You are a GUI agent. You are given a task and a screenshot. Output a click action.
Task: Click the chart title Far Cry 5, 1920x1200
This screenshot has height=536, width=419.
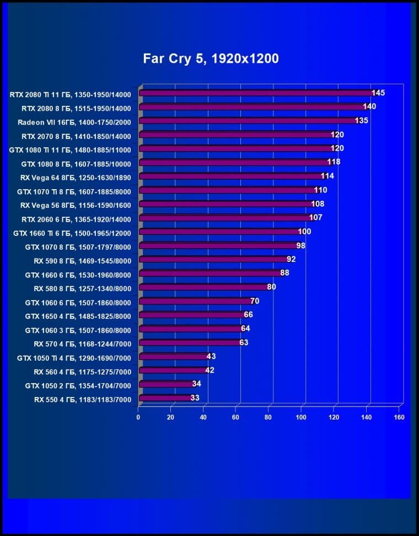point(211,58)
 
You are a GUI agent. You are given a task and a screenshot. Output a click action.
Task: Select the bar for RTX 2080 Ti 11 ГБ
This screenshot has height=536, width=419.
point(256,93)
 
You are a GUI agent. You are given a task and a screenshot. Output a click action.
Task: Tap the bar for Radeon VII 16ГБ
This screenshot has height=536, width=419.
point(248,121)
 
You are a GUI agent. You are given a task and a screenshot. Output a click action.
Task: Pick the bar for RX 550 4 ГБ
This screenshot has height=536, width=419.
point(165,398)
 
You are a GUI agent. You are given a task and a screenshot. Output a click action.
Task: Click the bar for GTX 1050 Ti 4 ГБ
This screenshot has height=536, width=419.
point(174,356)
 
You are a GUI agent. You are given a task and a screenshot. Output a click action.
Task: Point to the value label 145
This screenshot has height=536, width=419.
point(378,93)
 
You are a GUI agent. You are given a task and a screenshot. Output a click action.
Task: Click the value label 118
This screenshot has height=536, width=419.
point(334,162)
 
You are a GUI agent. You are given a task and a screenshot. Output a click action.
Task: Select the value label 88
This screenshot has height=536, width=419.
point(284,273)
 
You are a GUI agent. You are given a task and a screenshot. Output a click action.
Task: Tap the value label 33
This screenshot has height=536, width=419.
point(195,398)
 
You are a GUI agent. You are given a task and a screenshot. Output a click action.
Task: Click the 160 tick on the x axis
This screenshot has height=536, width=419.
point(399,417)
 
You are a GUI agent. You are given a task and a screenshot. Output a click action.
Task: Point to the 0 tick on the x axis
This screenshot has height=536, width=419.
point(138,417)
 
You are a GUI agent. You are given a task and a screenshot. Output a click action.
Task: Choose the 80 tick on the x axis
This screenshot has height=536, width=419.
point(269,417)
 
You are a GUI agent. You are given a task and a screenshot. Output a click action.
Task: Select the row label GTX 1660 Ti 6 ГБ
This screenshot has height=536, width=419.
point(72,232)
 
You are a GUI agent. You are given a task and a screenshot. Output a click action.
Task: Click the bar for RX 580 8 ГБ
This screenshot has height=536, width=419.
point(203,287)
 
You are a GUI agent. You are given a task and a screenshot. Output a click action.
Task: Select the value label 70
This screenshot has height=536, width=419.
point(255,301)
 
